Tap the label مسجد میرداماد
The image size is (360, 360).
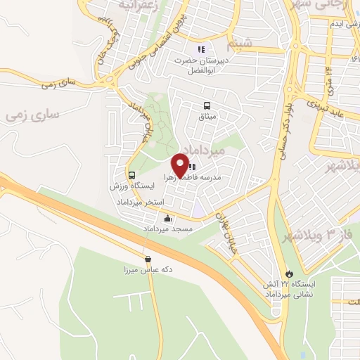(168, 230)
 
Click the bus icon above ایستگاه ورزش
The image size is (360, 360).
(131, 174)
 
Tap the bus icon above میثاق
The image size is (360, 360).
(207, 105)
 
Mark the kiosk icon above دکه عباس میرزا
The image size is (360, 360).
(147, 259)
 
